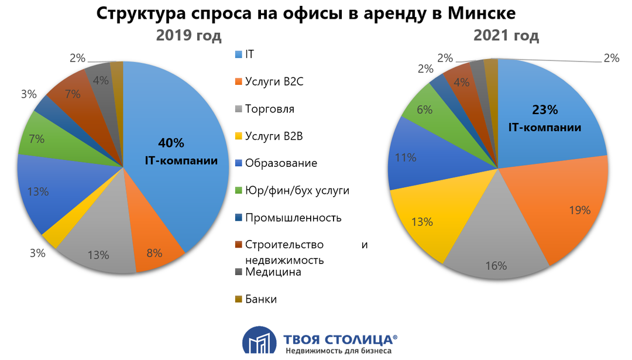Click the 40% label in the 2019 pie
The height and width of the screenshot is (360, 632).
tap(171, 143)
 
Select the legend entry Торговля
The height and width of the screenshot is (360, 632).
tap(270, 109)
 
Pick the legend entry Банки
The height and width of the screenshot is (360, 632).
tap(261, 299)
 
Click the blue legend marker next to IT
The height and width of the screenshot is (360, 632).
tap(238, 54)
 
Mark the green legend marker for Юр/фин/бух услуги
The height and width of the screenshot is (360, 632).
tap(238, 190)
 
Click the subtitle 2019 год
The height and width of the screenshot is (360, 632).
tap(188, 36)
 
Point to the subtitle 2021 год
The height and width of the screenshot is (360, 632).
tap(506, 36)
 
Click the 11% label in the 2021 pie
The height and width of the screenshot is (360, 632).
tap(406, 157)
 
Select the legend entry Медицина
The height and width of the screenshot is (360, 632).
tap(273, 272)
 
